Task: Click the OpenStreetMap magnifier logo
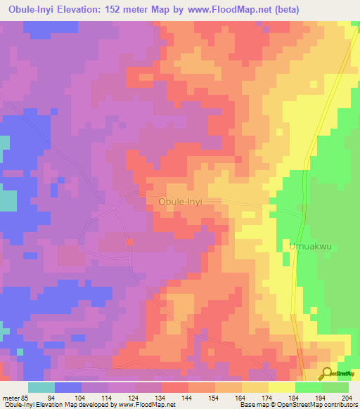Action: [327, 373]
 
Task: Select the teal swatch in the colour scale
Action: [41, 387]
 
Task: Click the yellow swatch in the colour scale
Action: [281, 387]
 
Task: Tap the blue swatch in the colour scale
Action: [68, 387]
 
